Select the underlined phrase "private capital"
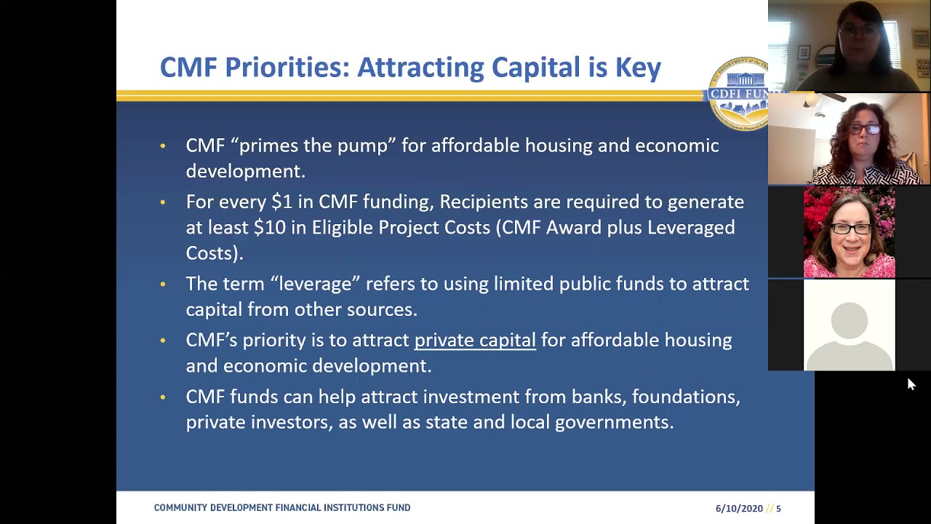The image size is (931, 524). [474, 341]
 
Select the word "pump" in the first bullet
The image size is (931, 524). [367, 146]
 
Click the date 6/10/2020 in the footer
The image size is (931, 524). [739, 509]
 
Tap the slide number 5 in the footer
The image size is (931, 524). [778, 509]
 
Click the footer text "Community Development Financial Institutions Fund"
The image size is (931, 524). [281, 508]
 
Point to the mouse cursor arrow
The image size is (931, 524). [911, 384]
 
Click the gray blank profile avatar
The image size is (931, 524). [849, 325]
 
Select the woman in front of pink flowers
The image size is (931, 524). [849, 233]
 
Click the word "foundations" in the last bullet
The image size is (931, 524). [685, 397]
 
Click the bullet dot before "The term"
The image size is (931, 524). [163, 284]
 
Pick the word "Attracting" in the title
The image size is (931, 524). [420, 68]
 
